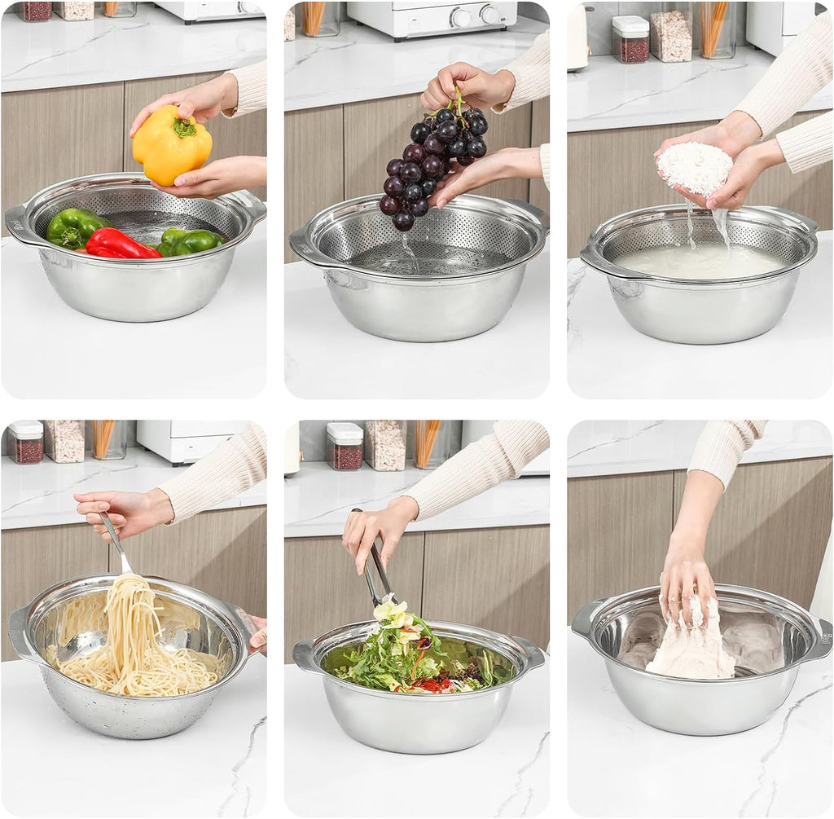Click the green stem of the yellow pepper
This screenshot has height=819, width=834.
[184, 128]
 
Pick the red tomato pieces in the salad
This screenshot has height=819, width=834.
[433, 685]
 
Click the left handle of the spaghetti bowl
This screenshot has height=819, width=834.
[19, 632]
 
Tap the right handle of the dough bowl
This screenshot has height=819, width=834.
[821, 640]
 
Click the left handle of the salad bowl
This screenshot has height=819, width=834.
[306, 656]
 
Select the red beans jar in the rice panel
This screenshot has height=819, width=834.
[630, 40]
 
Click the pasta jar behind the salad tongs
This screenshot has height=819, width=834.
[427, 443]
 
